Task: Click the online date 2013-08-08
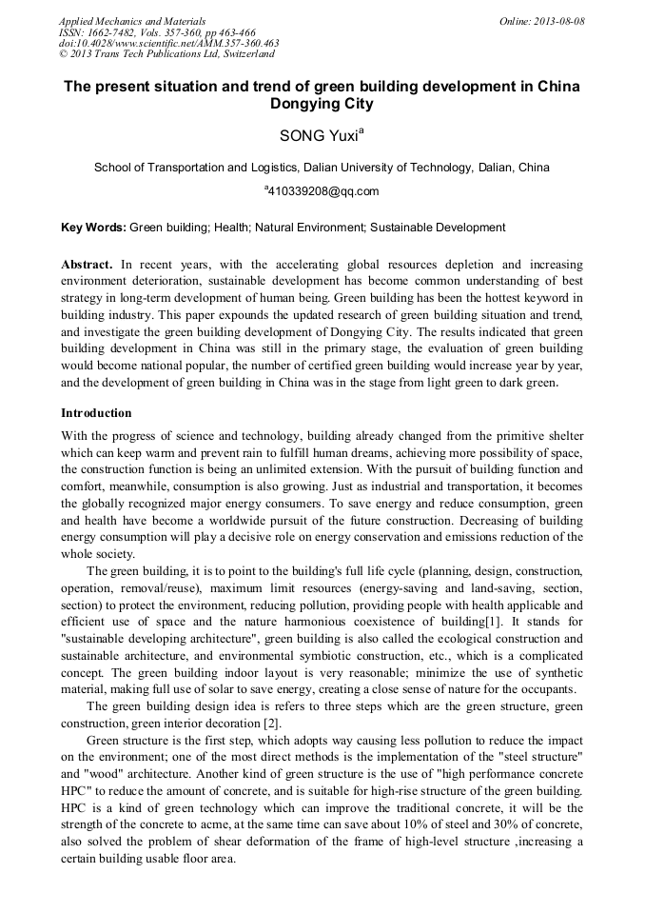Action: tap(559, 21)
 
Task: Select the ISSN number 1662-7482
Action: tap(108, 32)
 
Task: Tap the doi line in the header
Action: tap(168, 44)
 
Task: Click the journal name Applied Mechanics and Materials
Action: tap(131, 21)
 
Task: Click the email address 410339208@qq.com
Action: tap(323, 191)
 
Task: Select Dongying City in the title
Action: tap(322, 105)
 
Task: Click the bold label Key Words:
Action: tap(93, 228)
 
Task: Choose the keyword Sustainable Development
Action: tap(438, 228)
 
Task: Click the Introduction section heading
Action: tap(96, 413)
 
